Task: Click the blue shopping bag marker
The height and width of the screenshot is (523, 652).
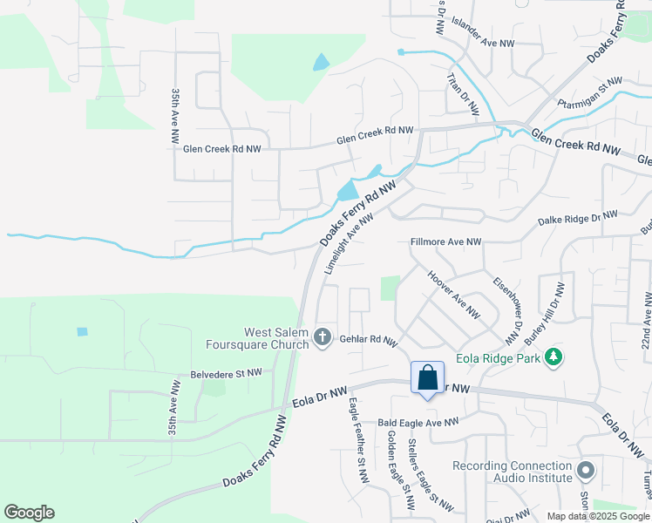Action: (427, 378)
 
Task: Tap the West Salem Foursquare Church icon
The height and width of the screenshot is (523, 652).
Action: (323, 336)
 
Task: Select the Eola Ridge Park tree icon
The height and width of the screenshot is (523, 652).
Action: (552, 357)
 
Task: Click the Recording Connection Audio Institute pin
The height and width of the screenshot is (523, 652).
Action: (587, 472)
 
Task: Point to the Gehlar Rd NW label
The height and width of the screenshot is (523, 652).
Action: (369, 341)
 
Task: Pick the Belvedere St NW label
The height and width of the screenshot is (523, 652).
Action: (227, 373)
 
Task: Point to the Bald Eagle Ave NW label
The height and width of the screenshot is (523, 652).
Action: (418, 423)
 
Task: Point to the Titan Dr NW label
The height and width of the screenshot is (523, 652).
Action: (463, 94)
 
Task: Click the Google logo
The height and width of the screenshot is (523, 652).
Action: (29, 513)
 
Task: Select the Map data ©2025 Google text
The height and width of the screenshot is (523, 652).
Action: (599, 516)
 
